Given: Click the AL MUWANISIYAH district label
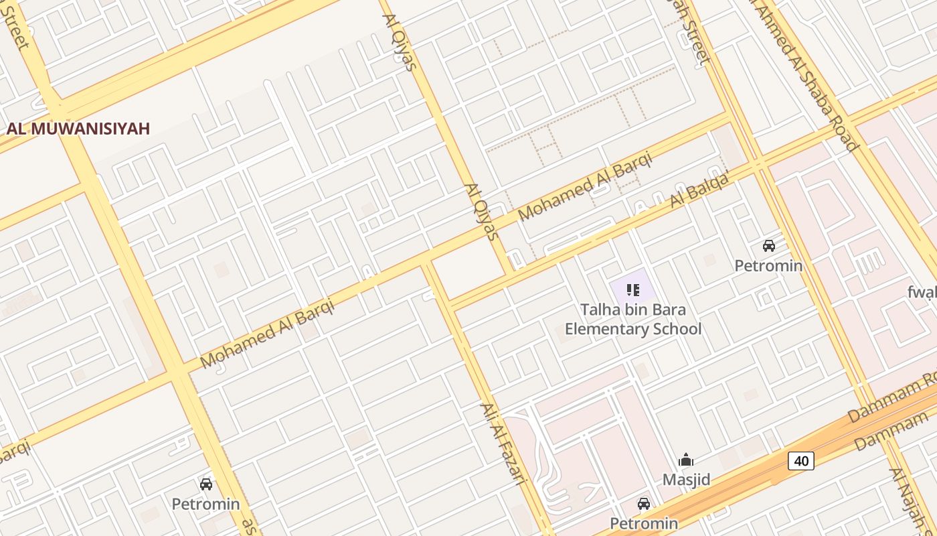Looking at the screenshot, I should click(x=78, y=129).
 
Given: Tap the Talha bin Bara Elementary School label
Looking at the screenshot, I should click(x=633, y=320).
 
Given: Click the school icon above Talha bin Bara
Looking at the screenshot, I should click(x=633, y=290).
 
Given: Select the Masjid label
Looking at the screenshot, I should click(x=686, y=480).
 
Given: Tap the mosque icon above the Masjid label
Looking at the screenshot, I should click(x=686, y=460).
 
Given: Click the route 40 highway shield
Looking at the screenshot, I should click(x=800, y=460).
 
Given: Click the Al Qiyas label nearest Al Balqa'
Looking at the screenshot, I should click(x=482, y=212).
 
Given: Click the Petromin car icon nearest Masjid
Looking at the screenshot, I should click(x=644, y=504).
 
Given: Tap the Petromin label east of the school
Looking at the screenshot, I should click(x=768, y=266).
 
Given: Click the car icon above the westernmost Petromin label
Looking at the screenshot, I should click(x=206, y=484).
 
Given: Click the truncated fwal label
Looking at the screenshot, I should click(x=922, y=292).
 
